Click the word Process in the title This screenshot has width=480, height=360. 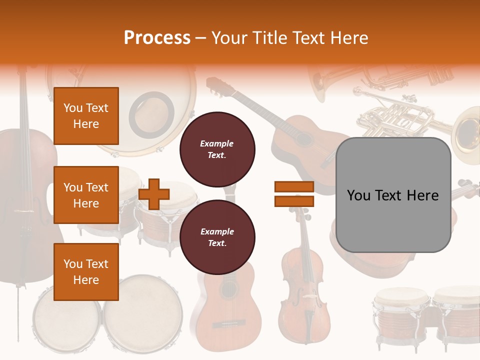coord(157,38)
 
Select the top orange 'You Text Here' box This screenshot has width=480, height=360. coord(86,116)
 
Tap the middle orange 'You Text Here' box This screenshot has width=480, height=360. coord(86,195)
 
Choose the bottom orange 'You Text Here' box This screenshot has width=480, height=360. coord(86,272)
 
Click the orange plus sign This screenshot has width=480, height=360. coord(154,194)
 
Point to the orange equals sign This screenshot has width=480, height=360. coord(294,194)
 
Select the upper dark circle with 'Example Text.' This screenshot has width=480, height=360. coord(217,149)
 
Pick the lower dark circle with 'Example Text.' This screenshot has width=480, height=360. coord(217,237)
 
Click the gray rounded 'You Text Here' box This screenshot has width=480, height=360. coord(393,195)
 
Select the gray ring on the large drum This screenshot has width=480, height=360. coord(151,115)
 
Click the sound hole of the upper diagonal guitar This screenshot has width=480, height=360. coord(304,138)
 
